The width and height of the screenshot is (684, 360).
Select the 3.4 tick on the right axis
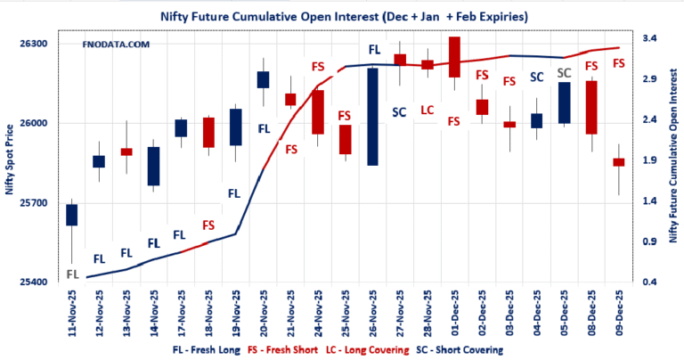pos(647,39)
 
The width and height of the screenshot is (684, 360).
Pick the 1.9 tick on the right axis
pos(647,161)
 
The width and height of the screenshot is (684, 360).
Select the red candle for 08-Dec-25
pos(591,107)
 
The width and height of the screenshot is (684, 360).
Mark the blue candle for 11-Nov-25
pos(71,215)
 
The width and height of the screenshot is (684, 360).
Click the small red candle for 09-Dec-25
pos(619,162)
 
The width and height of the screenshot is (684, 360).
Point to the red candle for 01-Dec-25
pos(454,57)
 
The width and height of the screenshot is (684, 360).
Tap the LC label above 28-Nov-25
pos(427,110)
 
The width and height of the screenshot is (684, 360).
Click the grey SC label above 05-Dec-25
pos(564,72)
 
